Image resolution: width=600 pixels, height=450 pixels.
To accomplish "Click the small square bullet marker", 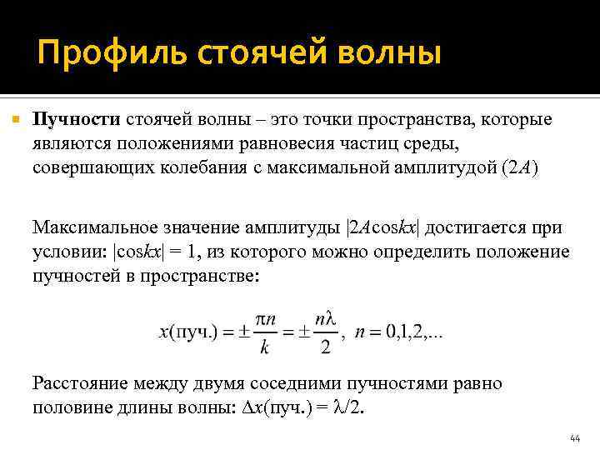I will click(x=14, y=120).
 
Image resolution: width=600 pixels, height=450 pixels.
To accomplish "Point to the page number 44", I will click(x=574, y=437).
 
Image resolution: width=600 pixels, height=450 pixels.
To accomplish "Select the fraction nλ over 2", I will click(x=325, y=332).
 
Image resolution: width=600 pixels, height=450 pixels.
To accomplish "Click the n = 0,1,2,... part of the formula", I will click(x=398, y=332).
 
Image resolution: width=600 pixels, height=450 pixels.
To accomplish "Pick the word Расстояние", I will click(x=77, y=384).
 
